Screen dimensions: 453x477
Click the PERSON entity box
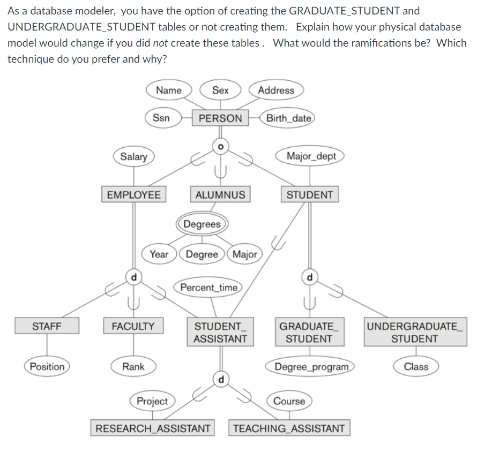tap(220, 118)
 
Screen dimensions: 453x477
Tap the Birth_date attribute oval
tap(289, 118)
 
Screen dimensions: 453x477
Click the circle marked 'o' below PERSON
tap(220, 145)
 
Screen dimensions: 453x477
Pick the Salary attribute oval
tap(133, 156)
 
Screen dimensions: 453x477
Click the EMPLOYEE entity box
tap(133, 194)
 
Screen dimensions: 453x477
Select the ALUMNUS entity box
tap(220, 194)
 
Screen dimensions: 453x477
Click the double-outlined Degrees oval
tap(202, 224)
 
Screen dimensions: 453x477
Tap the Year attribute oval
tap(159, 254)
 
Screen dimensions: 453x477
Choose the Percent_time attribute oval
tap(208, 288)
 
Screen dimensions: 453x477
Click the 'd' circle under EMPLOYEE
tap(134, 276)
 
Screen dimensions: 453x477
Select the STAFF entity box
tap(47, 326)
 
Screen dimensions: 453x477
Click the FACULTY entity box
tap(133, 326)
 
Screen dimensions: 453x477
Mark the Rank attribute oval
tap(133, 366)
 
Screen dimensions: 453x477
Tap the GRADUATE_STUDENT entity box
tap(309, 332)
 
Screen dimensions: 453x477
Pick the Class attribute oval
tap(416, 366)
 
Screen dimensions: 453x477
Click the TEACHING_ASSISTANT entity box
tap(289, 428)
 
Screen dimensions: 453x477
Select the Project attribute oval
tap(152, 401)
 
